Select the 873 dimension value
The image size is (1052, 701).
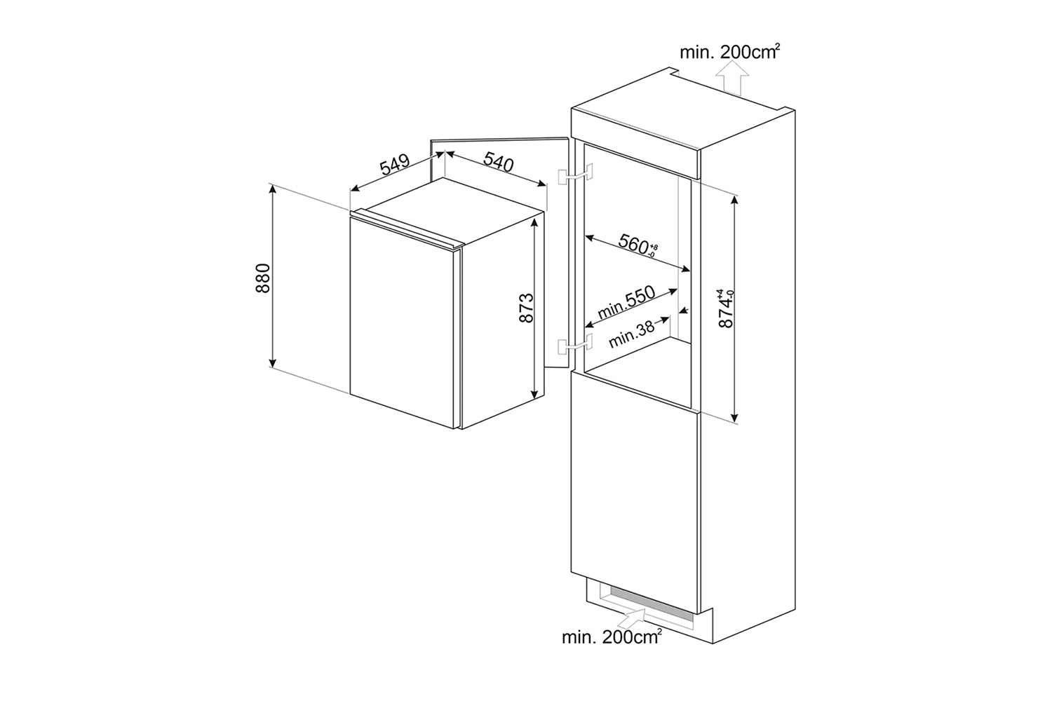527,308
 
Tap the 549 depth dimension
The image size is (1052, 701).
394,166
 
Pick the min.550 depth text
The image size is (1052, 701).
626,301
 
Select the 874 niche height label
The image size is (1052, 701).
724,308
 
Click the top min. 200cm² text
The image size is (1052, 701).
729,50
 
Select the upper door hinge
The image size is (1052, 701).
574,175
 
